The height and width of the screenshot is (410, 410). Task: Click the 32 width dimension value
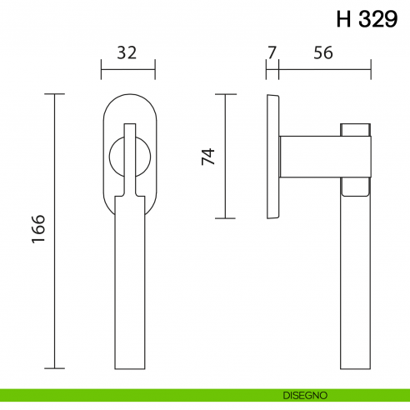[x=127, y=52]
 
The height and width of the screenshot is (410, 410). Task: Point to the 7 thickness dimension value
[x=272, y=52]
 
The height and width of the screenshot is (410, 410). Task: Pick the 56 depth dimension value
[x=323, y=52]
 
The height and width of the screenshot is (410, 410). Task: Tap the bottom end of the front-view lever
[x=128, y=365]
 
